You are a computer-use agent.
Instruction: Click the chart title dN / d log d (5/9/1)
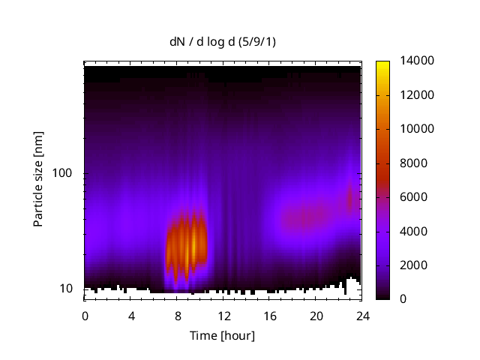click(x=223, y=42)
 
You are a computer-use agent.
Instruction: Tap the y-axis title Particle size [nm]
click(x=38, y=179)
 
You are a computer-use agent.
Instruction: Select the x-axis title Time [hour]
click(x=222, y=336)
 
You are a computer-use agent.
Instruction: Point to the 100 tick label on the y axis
click(x=61, y=173)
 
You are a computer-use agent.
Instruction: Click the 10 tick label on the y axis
click(x=66, y=289)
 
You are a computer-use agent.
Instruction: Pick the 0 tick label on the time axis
click(x=85, y=316)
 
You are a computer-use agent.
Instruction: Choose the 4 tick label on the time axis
click(x=131, y=316)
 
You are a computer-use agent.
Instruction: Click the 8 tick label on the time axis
click(x=178, y=316)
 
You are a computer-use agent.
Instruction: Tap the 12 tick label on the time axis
click(x=224, y=316)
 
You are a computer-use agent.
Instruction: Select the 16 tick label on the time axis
click(x=270, y=316)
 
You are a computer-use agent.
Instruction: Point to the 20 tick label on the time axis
click(x=316, y=316)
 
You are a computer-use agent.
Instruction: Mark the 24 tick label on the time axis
click(x=363, y=316)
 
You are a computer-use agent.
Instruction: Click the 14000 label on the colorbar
click(x=417, y=61)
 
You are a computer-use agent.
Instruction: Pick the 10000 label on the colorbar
click(x=417, y=129)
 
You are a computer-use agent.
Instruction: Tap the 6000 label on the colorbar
click(x=413, y=196)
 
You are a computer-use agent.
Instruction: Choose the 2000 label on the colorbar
click(x=413, y=265)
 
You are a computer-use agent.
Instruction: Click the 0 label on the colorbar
click(x=403, y=298)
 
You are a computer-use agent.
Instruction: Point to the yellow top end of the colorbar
click(x=382, y=63)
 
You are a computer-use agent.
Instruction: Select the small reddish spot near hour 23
click(x=349, y=199)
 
